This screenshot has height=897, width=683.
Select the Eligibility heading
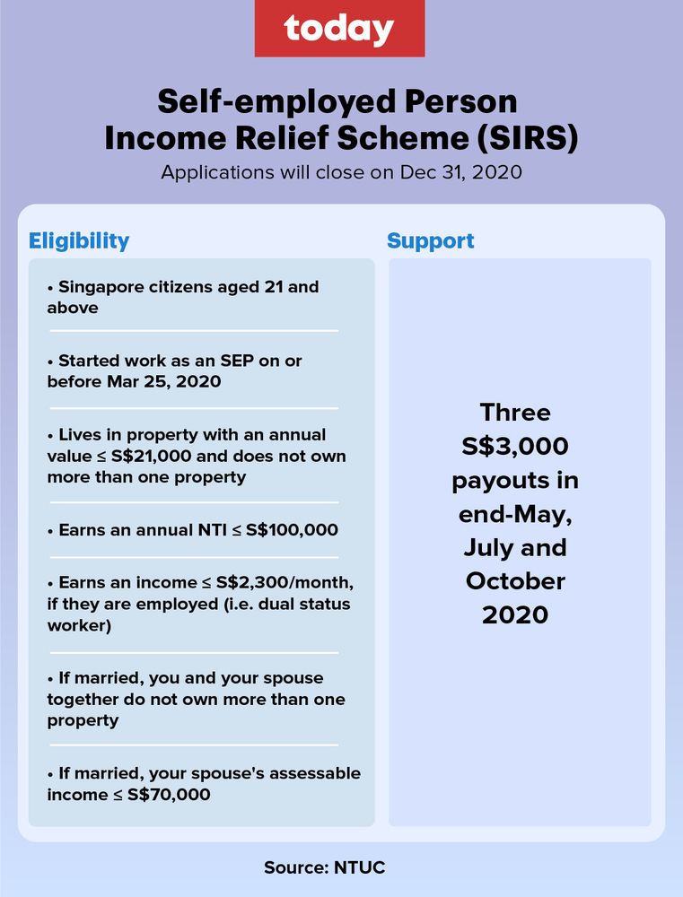click(79, 240)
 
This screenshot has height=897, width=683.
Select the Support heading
click(430, 240)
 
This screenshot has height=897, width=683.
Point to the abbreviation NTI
click(198, 529)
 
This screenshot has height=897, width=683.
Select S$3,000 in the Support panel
click(515, 446)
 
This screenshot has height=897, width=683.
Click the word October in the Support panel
click(515, 580)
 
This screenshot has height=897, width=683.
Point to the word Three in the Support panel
click(515, 412)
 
